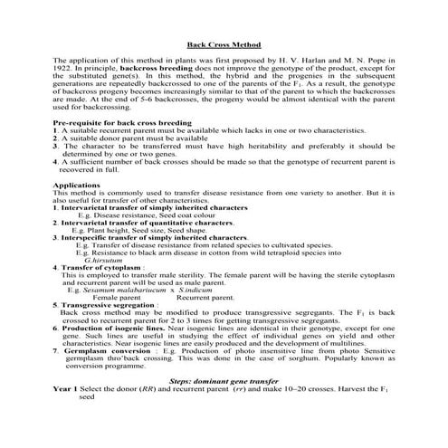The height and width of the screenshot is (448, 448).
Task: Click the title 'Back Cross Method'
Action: (223, 43)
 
